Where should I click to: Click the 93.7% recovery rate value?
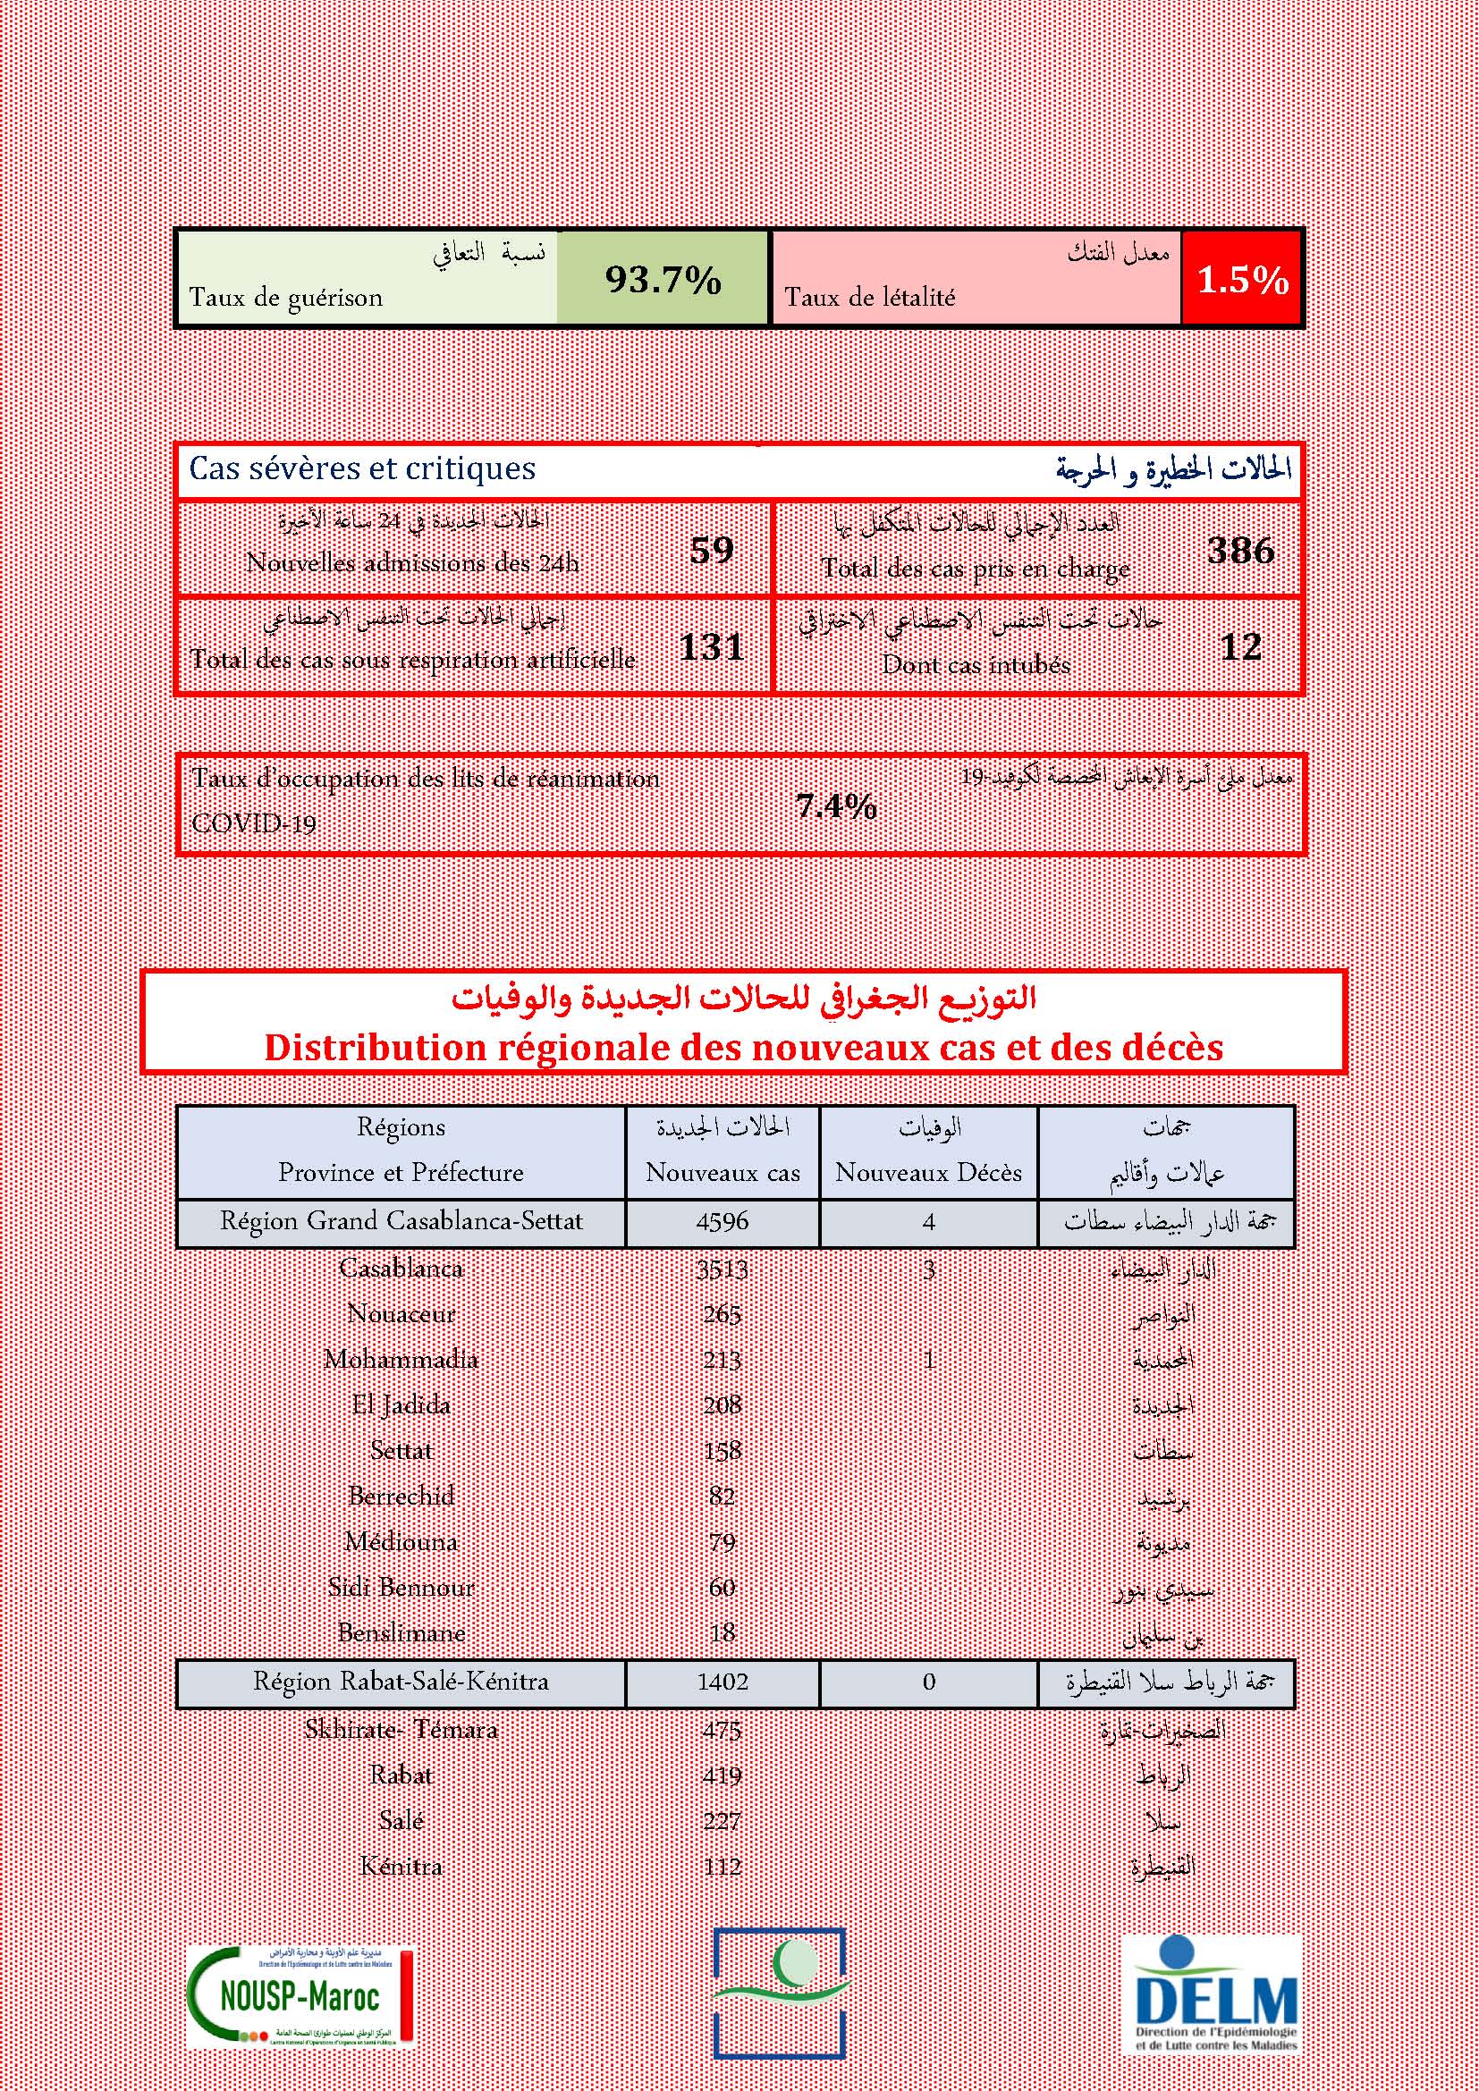tap(663, 279)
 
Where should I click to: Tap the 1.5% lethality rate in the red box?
tap(1242, 280)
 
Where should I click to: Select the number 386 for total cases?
tap(1240, 550)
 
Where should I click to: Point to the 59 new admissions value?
tap(711, 550)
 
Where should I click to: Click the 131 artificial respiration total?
tap(711, 646)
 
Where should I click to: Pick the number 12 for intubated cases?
tap(1240, 646)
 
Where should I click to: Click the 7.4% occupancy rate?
tap(836, 806)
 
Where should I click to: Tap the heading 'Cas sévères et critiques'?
tap(362, 469)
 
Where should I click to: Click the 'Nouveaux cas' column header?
tap(723, 1172)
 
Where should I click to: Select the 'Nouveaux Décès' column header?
tap(928, 1172)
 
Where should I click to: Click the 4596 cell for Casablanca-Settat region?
tap(723, 1221)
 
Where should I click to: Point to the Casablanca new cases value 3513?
tap(723, 1269)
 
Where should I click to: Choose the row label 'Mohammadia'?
tap(401, 1360)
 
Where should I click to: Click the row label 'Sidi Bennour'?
tap(401, 1588)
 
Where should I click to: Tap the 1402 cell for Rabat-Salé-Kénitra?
tap(723, 1682)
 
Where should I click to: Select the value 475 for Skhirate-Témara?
tap(723, 1730)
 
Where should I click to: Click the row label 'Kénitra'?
tap(401, 1866)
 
